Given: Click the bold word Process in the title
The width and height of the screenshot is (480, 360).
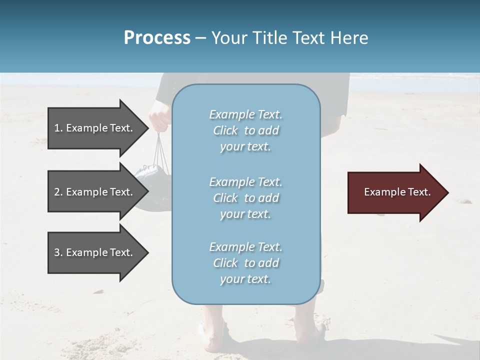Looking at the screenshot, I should (x=157, y=38).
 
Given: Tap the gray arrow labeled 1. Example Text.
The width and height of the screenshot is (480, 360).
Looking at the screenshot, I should (x=95, y=128).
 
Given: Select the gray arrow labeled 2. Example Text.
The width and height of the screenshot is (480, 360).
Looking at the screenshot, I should (x=95, y=192).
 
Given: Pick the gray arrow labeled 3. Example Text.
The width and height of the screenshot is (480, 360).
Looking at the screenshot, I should (x=95, y=252).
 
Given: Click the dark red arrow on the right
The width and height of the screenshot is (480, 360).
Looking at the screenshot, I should (x=395, y=192).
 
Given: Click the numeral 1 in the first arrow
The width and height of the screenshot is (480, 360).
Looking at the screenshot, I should (x=56, y=128).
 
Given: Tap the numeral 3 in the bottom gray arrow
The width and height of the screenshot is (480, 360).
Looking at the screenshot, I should (x=57, y=252).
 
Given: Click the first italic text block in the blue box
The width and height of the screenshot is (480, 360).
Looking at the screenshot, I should (x=245, y=130).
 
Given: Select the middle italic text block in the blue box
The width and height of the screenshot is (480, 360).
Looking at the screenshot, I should (x=245, y=198).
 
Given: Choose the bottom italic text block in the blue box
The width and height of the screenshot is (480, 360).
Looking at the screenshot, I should (x=245, y=263).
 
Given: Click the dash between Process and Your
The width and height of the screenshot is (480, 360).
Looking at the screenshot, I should (x=200, y=38).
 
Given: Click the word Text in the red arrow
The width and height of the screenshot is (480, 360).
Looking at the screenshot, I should (x=419, y=192).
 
